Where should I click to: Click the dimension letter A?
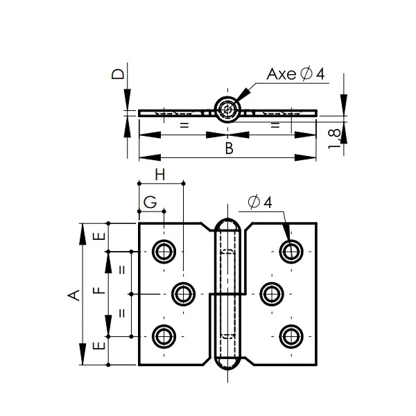(x=72, y=295)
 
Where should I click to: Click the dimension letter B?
(x=228, y=148)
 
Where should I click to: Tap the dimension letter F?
(x=98, y=291)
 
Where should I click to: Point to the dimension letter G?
(x=149, y=203)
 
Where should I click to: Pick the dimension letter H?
(x=160, y=175)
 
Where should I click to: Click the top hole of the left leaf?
(x=164, y=251)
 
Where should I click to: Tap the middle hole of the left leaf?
(x=182, y=294)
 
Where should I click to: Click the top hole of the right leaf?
(x=291, y=251)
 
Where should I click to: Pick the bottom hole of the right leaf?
(x=291, y=337)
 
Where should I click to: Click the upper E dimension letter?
(x=99, y=236)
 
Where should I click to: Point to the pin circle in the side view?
(x=227, y=110)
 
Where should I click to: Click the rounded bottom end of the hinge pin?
(x=227, y=365)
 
